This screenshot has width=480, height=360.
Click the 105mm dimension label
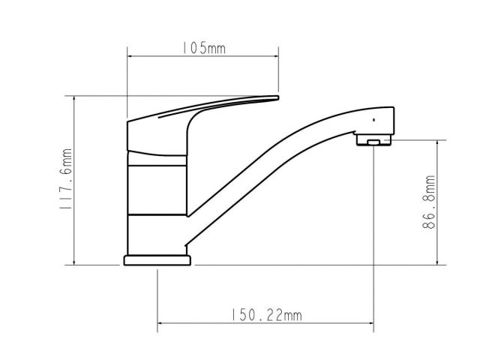pyautogui.click(x=204, y=48)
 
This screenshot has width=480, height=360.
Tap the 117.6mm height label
pyautogui.click(x=66, y=178)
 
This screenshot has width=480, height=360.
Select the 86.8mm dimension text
pyautogui.click(x=428, y=202)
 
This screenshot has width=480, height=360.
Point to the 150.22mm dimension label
pyautogui.click(x=265, y=315)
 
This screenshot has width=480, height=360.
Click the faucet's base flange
pyautogui.click(x=157, y=260)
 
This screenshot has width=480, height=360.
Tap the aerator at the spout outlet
pyautogui.click(x=373, y=139)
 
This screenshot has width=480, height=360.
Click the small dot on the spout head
pyautogui.click(x=373, y=120)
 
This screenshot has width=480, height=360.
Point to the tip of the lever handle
pyautogui.click(x=278, y=97)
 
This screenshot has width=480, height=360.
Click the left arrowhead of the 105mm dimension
pyautogui.click(x=130, y=56)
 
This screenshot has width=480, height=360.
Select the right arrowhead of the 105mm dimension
pyautogui.click(x=276, y=56)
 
